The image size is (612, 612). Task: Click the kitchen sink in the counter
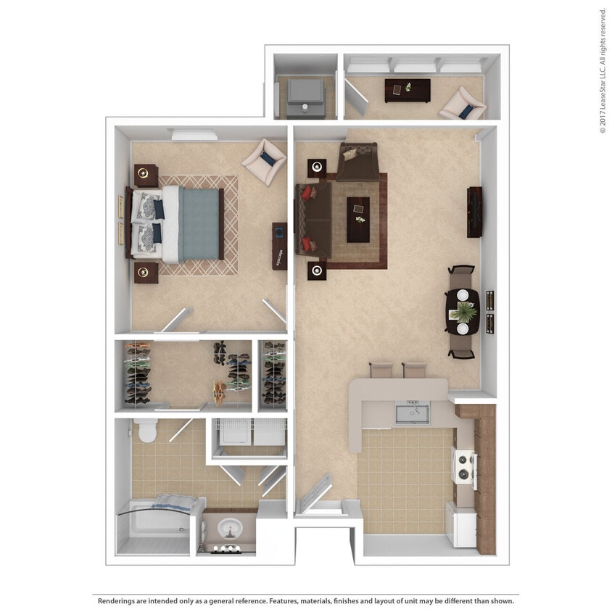[x=411, y=412]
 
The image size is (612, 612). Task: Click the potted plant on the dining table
[x=461, y=313]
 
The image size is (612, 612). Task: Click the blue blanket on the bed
[x=198, y=223]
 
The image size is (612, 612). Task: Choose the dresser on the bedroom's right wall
[x=279, y=246]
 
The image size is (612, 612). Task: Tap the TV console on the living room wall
[x=475, y=212]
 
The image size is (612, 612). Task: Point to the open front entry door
[x=314, y=492]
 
